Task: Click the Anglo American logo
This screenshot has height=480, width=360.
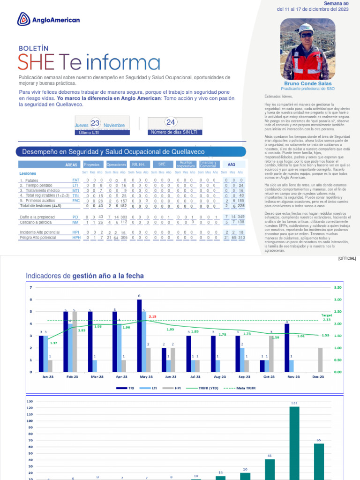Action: [x=48, y=20]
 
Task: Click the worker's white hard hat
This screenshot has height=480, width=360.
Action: [x=307, y=28]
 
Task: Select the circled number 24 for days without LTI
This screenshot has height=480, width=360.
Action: [x=171, y=122]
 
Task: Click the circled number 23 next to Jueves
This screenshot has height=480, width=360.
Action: [x=95, y=123]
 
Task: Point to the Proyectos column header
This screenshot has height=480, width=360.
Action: [x=91, y=165]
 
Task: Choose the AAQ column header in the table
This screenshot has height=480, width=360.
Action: [x=232, y=165]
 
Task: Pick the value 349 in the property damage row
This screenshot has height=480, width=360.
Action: [x=241, y=217]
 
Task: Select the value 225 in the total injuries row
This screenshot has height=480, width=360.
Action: [x=241, y=206]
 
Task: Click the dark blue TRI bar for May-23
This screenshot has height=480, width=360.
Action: [x=139, y=336]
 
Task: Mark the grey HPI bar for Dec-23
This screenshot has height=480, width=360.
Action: [x=320, y=360]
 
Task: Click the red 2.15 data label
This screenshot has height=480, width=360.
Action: [x=152, y=316]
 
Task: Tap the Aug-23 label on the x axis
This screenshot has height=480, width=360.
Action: [x=219, y=377]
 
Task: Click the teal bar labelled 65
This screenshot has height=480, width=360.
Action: [x=319, y=461]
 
